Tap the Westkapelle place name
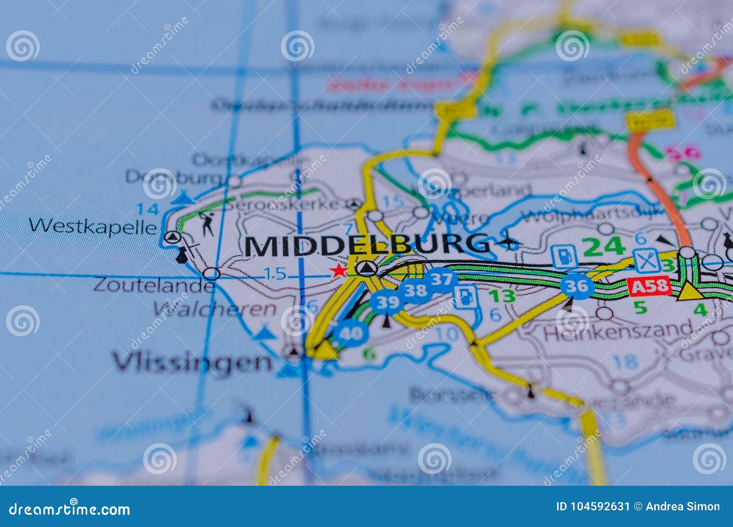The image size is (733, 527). click(93, 226)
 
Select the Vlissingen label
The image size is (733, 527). click(192, 362)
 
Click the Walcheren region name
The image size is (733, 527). click(215, 309)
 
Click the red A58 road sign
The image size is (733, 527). click(650, 287)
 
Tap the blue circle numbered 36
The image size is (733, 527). click(577, 286)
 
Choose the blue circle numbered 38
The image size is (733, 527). click(415, 291)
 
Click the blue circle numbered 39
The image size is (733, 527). click(387, 302)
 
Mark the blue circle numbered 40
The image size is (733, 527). click(351, 333)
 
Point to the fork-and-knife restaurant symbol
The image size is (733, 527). click(646, 260)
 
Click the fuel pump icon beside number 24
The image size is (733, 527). click(564, 256)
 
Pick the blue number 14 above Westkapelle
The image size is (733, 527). click(148, 209)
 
